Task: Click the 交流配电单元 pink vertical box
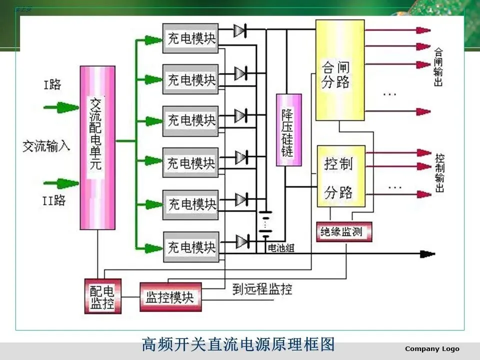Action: coord(97,147)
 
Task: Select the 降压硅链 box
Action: coord(289,130)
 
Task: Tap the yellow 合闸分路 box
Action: coord(340,70)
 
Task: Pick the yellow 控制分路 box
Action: coord(341,176)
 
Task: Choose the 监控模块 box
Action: coord(170,297)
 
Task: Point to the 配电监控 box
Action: coord(102,296)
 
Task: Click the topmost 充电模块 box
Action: coord(190,38)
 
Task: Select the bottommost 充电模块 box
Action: coord(190,247)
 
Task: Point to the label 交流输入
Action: coord(46,146)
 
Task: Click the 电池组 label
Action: coord(281,248)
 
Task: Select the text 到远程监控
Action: coord(262,289)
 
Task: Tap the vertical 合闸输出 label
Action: coord(438,67)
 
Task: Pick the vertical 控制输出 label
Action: coord(439,172)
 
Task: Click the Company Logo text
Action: coord(432,348)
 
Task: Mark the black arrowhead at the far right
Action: coord(427,253)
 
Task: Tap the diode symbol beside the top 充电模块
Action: coord(240,31)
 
